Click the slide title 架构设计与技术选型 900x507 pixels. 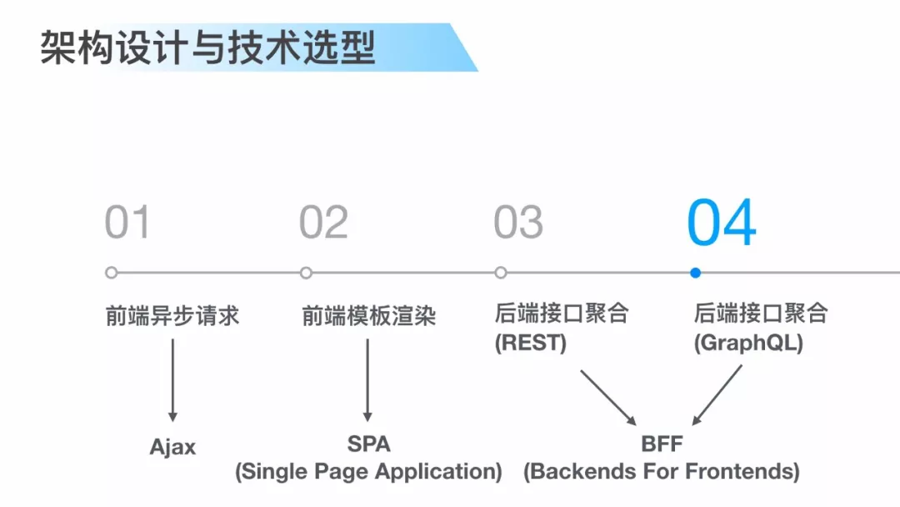point(207,48)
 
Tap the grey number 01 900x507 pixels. point(127,223)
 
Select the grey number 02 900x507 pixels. point(323,223)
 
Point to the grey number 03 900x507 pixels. point(518,223)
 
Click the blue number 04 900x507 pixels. point(721,223)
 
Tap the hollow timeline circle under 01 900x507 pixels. point(112,273)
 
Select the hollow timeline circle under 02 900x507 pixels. point(306,273)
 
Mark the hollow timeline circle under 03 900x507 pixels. point(500,273)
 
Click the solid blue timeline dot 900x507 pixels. point(695,273)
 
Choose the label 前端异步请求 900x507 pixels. point(172,316)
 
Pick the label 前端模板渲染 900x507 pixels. point(368,316)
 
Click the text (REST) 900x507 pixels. point(530,343)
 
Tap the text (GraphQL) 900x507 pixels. point(747,343)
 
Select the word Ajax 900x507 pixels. point(172,447)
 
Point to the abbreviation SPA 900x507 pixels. point(368,444)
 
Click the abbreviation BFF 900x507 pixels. point(662,444)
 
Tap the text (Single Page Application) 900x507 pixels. point(368,472)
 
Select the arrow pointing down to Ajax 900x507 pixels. point(172,379)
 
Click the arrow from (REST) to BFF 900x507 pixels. point(607,396)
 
